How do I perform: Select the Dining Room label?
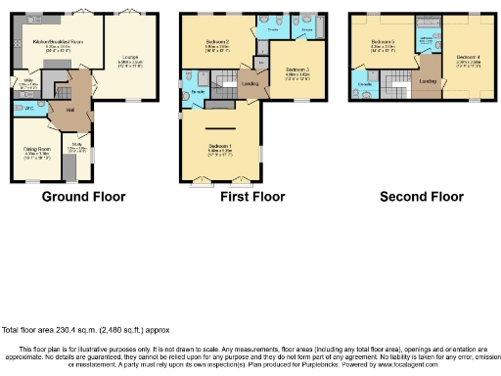click(x=38, y=150)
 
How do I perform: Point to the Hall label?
click(x=70, y=110)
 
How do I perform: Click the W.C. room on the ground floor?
click(x=30, y=109)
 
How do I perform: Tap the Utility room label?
click(x=26, y=85)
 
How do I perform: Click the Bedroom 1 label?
click(x=219, y=147)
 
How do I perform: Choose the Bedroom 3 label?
click(x=298, y=70)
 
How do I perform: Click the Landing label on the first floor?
click(x=250, y=85)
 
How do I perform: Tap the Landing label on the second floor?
click(x=428, y=81)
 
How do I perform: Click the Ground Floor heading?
click(x=83, y=197)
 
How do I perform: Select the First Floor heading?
click(x=251, y=197)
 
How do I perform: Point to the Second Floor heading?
click(x=422, y=197)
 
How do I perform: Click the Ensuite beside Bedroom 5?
click(x=365, y=85)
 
